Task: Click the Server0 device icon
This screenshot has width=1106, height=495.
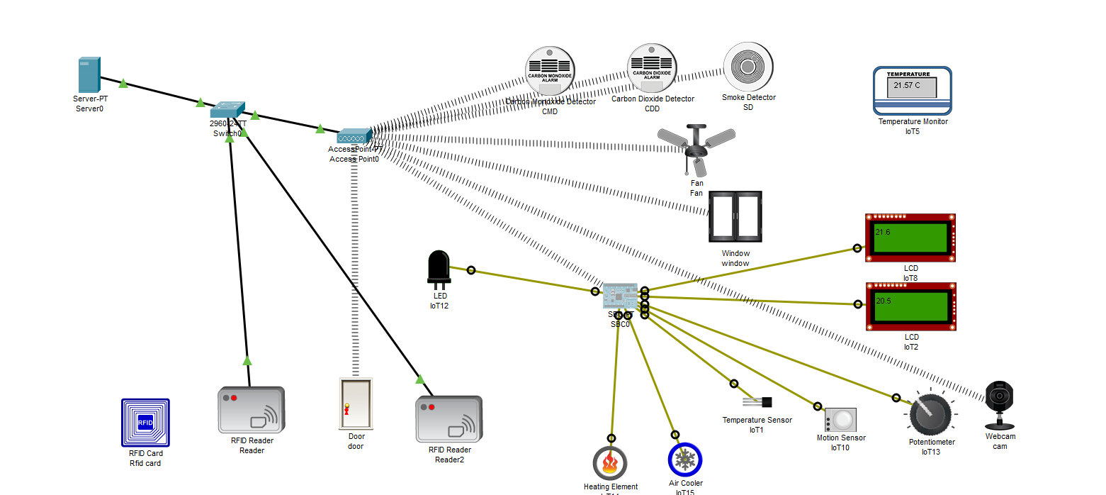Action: coord(89,74)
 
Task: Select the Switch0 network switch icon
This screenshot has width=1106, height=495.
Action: coord(227,110)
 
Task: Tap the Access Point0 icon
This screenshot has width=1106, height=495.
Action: coord(354,135)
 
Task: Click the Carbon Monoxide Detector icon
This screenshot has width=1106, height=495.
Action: coord(550,71)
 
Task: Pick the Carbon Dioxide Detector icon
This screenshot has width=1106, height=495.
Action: coord(652,68)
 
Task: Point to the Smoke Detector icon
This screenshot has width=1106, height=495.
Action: coord(748,67)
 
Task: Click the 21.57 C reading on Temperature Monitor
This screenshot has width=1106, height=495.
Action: coord(907,85)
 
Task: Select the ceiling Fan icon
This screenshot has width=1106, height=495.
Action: coord(696,148)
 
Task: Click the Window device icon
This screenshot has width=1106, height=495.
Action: coord(735,216)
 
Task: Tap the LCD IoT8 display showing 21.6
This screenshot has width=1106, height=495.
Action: coord(910,238)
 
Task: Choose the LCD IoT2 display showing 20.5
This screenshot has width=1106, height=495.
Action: coord(910,306)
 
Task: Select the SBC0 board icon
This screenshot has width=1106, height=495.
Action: coord(620,296)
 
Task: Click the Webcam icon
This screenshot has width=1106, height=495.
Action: coord(999,404)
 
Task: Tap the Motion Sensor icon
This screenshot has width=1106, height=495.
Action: coord(840,419)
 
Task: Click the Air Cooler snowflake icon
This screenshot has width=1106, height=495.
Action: coord(685,460)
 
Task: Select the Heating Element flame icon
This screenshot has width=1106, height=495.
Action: coord(610,463)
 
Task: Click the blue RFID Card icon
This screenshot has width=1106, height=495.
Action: coord(145,423)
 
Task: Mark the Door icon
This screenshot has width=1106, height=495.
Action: coord(356,404)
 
